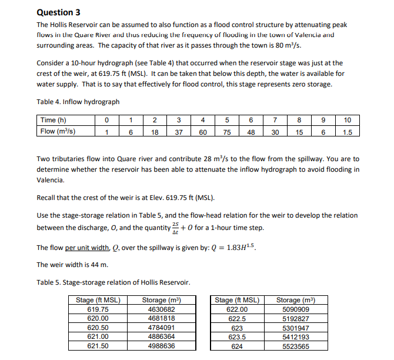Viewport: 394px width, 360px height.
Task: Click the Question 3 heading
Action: click(58, 12)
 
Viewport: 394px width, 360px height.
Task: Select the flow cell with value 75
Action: click(226, 132)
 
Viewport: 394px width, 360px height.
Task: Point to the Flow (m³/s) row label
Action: click(58, 132)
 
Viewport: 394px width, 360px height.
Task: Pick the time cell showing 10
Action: click(347, 120)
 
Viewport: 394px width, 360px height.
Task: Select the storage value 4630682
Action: click(159, 309)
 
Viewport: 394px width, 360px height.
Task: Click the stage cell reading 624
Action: click(236, 346)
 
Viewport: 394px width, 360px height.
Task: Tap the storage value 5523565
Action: click(296, 346)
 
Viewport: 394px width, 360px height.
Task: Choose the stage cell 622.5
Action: click(236, 319)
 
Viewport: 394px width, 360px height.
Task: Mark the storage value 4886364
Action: click(159, 337)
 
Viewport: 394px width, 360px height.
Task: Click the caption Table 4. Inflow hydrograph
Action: click(78, 102)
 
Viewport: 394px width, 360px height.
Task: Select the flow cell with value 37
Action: click(178, 132)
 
